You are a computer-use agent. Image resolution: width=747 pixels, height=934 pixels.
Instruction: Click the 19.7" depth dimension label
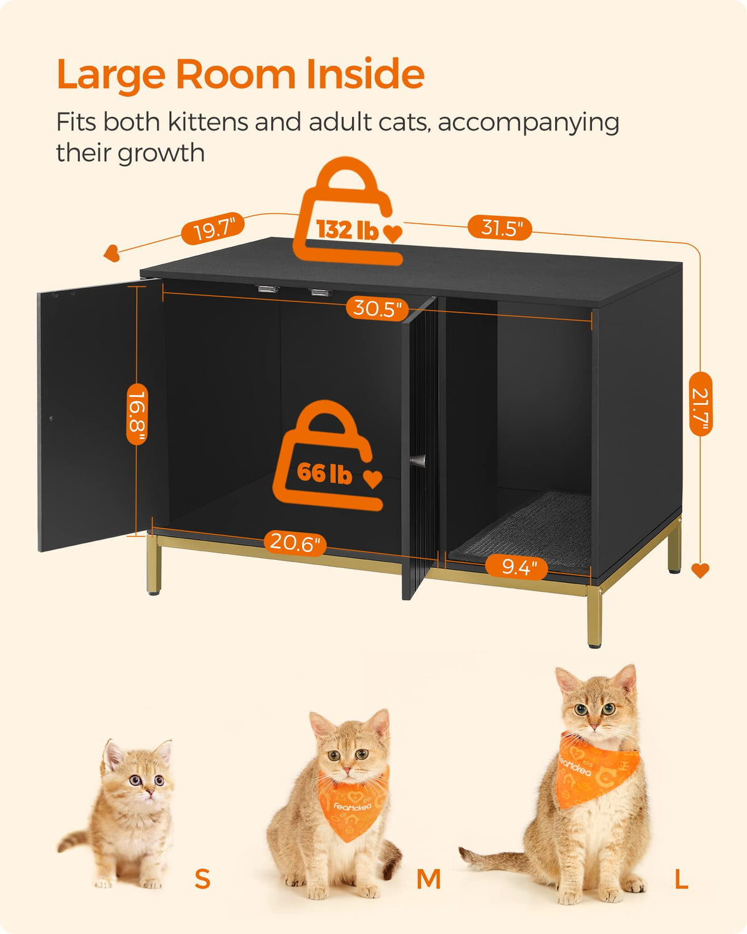point(213,230)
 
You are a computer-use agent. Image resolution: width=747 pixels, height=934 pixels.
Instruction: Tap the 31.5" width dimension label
point(499,228)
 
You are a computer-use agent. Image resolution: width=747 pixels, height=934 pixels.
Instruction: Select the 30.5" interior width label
point(377,308)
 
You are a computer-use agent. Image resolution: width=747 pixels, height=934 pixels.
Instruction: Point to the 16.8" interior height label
point(137,414)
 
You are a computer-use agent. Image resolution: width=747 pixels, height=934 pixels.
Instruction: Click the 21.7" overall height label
point(701,404)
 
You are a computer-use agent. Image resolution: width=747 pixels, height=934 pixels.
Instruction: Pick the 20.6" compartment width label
point(295,543)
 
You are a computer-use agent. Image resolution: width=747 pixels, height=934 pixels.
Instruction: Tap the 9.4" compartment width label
point(516,566)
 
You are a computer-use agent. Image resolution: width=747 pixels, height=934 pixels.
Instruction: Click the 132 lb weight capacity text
point(347,230)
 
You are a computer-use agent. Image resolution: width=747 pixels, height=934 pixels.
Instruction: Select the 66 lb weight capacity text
point(324,473)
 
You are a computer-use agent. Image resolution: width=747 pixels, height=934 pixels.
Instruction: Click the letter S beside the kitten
point(202,879)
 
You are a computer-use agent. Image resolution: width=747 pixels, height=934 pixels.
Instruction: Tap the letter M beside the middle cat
point(428,879)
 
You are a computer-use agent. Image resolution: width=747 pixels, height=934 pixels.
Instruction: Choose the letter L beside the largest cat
point(681,879)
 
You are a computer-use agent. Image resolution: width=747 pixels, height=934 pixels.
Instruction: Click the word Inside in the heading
point(365,74)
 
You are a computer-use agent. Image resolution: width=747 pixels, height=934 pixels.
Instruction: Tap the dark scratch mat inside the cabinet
point(523,529)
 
